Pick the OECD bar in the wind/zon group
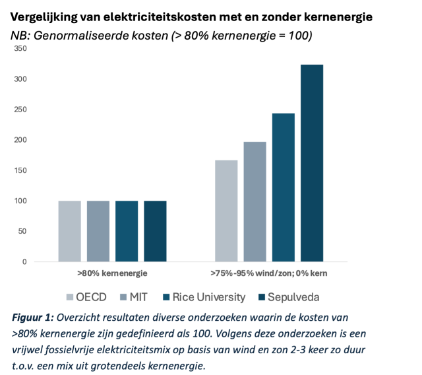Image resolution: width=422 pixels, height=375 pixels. (x=226, y=211)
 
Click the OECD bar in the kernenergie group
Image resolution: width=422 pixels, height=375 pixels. (x=69, y=231)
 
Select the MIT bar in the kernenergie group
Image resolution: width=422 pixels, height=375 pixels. (x=98, y=231)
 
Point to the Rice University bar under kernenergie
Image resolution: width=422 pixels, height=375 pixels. (x=127, y=231)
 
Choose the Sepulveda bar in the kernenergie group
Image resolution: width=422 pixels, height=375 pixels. (x=155, y=231)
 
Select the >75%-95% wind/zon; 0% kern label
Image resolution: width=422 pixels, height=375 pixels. (x=269, y=273)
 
